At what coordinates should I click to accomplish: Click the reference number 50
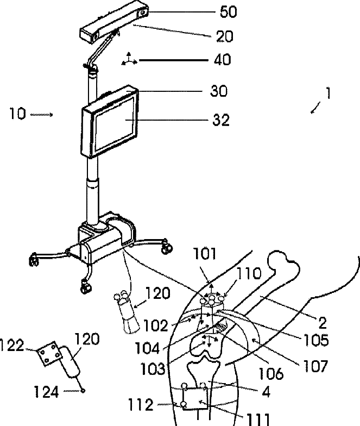point(213,11)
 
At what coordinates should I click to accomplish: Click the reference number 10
point(17,115)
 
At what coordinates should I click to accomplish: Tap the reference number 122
point(12,345)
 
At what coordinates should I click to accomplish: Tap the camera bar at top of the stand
point(112,24)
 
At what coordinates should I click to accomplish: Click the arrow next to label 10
point(43,115)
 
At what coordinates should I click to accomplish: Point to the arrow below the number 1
point(315,110)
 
